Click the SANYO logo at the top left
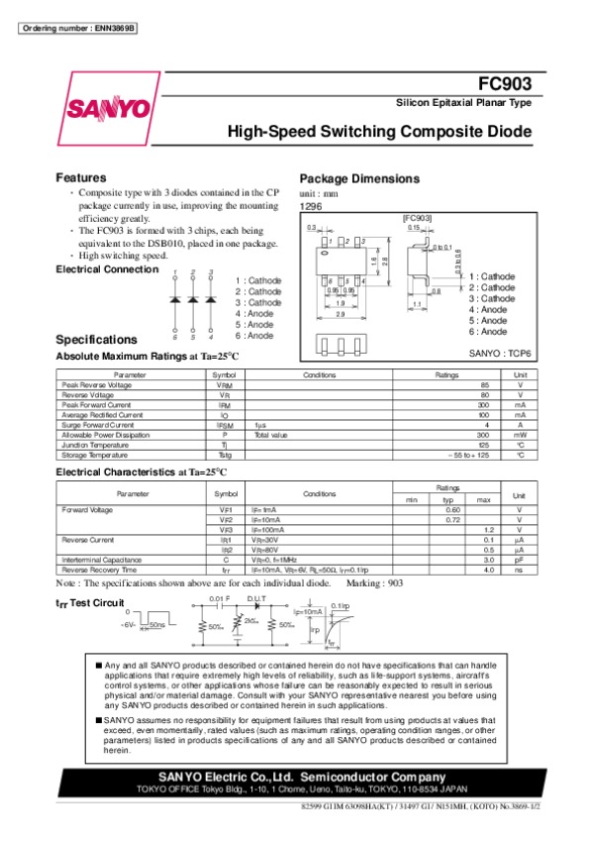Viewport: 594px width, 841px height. tap(108, 107)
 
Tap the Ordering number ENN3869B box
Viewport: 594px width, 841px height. tap(78, 26)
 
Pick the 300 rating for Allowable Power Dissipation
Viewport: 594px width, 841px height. tap(483, 434)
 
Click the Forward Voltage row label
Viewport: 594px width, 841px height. tap(85, 510)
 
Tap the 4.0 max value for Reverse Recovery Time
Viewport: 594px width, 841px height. tap(488, 571)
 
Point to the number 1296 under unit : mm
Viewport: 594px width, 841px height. tap(310, 206)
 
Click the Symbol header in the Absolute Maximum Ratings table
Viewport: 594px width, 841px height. tap(224, 374)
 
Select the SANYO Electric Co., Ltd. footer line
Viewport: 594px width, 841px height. tap(297, 776)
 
